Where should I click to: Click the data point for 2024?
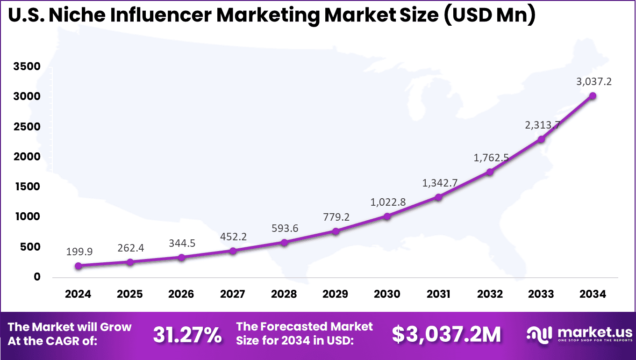click(x=79, y=266)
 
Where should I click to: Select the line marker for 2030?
click(x=387, y=216)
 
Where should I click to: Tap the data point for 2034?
click(x=593, y=96)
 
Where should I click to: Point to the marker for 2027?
click(x=233, y=251)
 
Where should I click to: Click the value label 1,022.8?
click(x=388, y=202)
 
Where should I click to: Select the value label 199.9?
click(x=80, y=252)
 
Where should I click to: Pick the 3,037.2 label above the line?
click(x=594, y=82)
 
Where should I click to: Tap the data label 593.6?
click(x=285, y=228)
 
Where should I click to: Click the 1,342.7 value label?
click(x=440, y=183)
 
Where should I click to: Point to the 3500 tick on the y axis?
click(x=27, y=66)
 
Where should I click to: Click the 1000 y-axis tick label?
click(x=27, y=217)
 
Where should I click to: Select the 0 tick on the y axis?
click(x=37, y=277)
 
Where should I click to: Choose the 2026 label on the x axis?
click(x=181, y=294)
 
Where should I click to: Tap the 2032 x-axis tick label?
click(x=490, y=294)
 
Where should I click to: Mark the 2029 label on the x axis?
click(x=336, y=294)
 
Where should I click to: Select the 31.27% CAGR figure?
click(x=187, y=334)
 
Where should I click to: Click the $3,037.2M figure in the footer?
click(x=446, y=334)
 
